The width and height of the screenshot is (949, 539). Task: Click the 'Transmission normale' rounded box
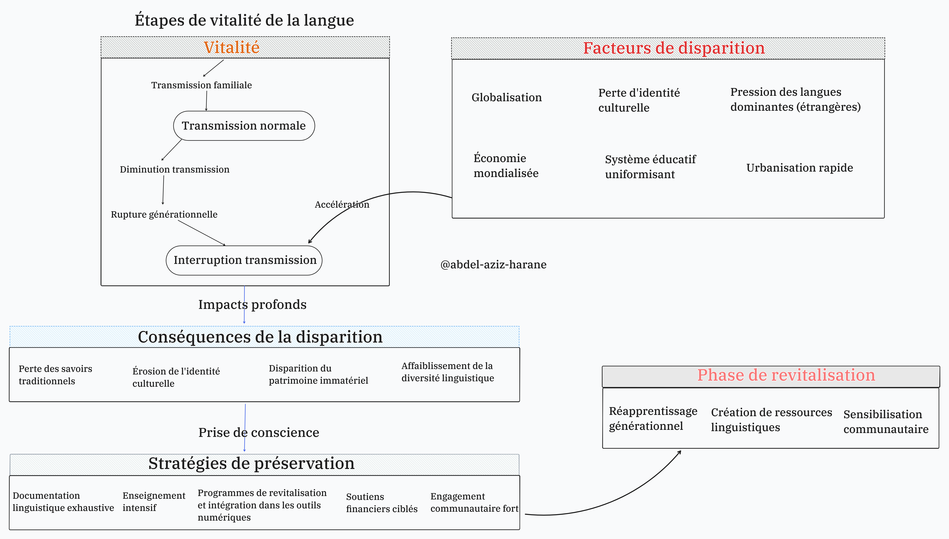coord(244,126)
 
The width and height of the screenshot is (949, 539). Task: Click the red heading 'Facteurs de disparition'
coord(674,48)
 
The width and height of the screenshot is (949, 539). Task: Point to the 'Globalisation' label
coord(506,97)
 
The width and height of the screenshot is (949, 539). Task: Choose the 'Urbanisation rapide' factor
coord(799,168)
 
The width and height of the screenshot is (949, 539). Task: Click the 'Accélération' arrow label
coord(342,204)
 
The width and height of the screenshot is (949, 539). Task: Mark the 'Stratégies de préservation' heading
coord(251,463)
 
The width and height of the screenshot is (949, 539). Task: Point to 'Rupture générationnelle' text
coord(164,214)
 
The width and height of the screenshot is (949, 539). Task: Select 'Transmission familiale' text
coord(201,85)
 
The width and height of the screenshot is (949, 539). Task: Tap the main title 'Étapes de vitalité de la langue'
coord(244,20)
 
